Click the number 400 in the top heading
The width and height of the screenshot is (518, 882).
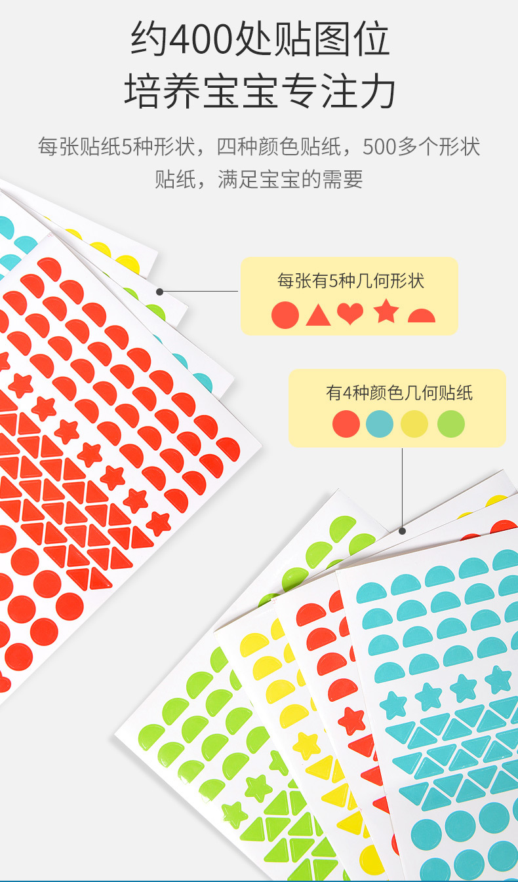201,41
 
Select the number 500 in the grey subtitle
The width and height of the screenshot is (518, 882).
380,147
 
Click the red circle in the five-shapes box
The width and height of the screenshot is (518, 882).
285,315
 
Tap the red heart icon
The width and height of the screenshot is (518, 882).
350,315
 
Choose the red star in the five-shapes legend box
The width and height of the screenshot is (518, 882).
386,312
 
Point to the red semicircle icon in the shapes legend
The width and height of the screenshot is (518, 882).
421,316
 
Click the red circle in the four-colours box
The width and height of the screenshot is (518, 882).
346,424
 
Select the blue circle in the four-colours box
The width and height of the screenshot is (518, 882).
380,424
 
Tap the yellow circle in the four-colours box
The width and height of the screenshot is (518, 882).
414,424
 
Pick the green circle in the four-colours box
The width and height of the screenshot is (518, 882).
451,424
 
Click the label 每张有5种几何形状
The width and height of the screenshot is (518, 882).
351,282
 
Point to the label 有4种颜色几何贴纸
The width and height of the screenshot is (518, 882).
399,393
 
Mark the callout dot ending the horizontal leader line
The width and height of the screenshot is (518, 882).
159,292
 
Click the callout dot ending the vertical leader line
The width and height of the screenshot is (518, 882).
402,531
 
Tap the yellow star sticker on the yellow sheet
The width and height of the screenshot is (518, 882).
306,744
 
